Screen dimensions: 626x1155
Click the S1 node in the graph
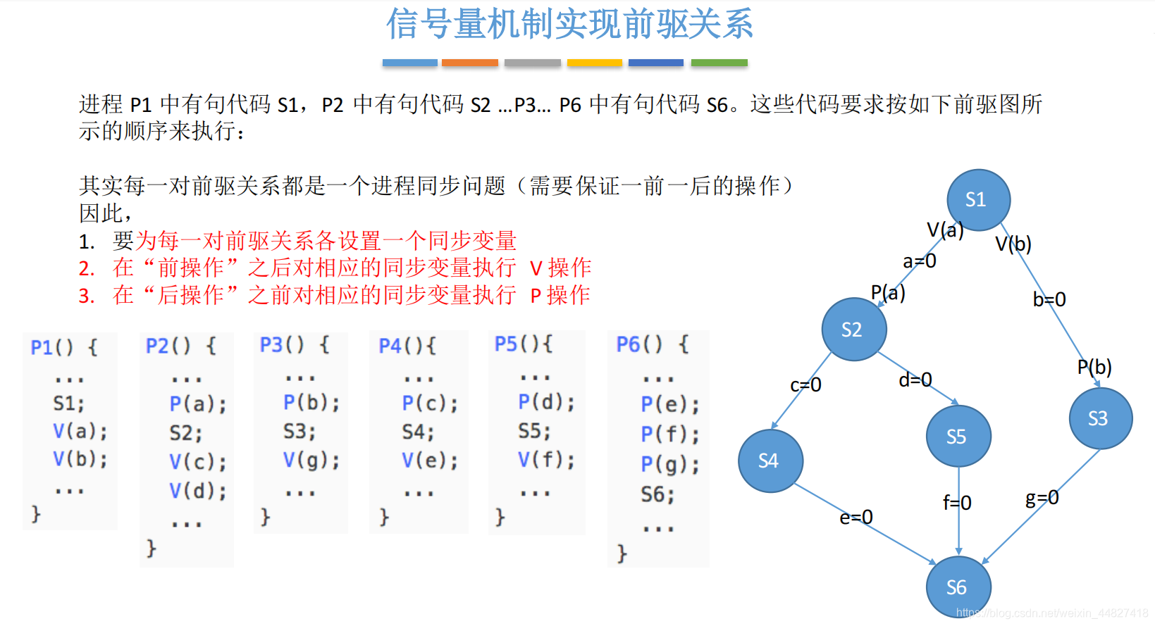(977, 200)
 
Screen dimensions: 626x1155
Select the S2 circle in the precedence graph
(853, 330)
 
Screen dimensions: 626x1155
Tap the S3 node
(1099, 418)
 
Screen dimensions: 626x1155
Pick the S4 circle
(770, 461)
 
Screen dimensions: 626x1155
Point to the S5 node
(958, 437)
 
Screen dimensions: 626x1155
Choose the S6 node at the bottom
(958, 587)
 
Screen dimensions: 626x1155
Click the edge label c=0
(805, 385)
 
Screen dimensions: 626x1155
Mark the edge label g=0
(1042, 499)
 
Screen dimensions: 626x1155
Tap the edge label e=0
(856, 518)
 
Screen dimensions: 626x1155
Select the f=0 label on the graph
(957, 503)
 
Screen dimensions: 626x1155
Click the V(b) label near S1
(1013, 244)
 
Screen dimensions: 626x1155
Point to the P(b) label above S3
(1094, 367)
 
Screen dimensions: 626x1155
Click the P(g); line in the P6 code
(669, 465)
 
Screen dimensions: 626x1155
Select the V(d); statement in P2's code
(197, 491)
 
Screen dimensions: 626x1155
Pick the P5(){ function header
(524, 344)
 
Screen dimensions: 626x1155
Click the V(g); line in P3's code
(311, 461)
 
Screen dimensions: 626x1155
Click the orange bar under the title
(470, 63)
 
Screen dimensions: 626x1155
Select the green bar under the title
(719, 63)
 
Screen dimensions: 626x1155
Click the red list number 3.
(86, 296)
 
